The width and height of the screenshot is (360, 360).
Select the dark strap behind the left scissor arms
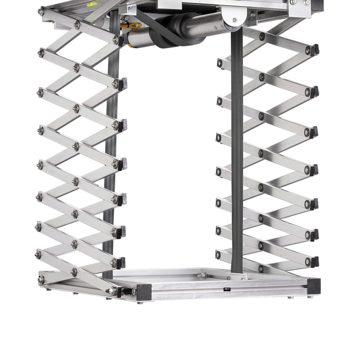pos(110,165)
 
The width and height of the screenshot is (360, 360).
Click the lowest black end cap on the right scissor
pos(316,261)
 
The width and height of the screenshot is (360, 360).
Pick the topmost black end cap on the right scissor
pos(316,49)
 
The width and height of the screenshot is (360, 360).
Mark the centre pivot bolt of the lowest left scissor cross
pos(75,271)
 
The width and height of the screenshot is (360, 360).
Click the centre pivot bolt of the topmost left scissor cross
pos(76,25)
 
